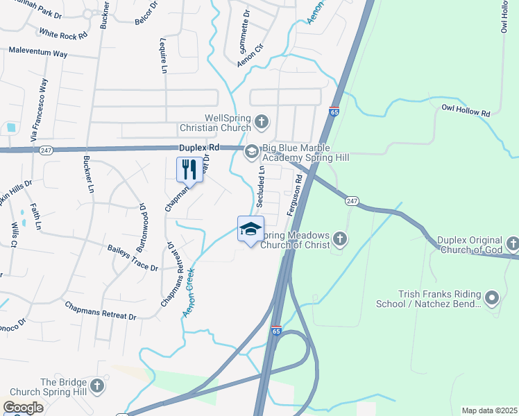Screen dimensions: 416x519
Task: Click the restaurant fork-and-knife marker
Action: (189, 169)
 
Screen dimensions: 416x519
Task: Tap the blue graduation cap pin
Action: (250, 229)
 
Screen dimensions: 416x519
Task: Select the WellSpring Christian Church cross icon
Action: (262, 123)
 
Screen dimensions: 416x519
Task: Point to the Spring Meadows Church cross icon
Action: (339, 239)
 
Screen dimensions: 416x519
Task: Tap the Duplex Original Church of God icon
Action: (512, 243)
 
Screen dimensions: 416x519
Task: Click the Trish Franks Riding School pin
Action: (492, 299)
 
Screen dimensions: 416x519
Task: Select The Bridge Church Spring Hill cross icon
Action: (97, 385)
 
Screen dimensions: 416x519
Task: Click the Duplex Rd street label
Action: (199, 148)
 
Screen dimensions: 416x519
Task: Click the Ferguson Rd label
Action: (299, 193)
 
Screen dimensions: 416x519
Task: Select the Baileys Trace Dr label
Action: (133, 258)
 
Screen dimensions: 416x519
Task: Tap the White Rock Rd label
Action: (63, 33)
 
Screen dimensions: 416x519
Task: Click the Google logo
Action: (23, 408)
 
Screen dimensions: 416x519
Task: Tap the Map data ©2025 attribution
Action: (489, 410)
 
